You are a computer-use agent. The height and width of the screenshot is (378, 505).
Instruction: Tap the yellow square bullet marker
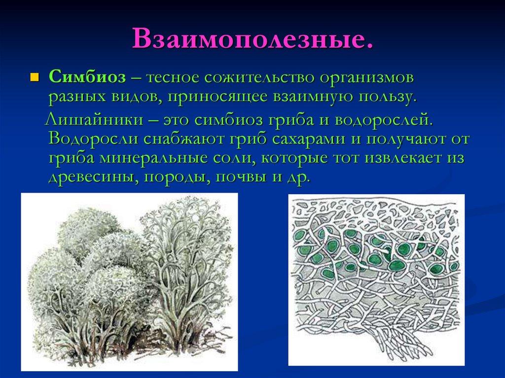tap(34, 77)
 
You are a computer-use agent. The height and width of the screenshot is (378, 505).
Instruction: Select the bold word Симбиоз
tap(87, 77)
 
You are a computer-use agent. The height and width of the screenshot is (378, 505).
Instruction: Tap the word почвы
tap(240, 178)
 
